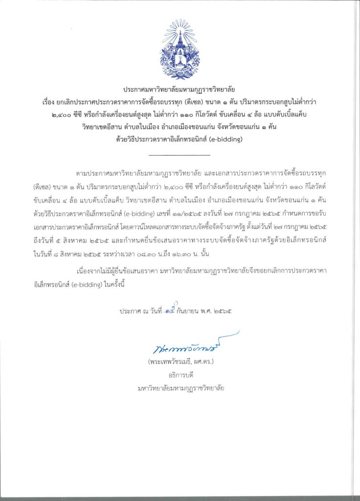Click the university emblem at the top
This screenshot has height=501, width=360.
(x=180, y=49)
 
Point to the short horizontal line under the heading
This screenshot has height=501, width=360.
(x=179, y=155)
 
